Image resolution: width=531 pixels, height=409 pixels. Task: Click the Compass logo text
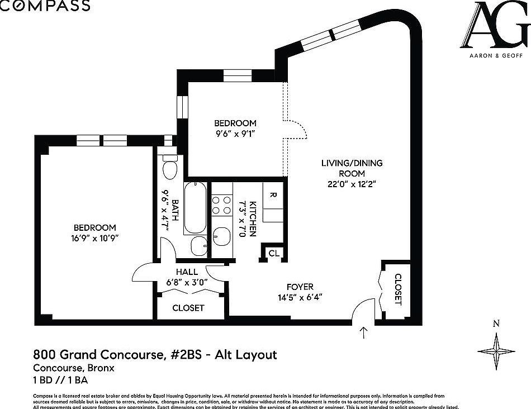[x=45, y=6]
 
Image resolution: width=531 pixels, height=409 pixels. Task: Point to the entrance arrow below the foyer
[x=364, y=332]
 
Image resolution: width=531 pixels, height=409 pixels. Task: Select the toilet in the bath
[x=169, y=167]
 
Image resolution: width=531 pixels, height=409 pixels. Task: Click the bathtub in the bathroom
[x=195, y=207]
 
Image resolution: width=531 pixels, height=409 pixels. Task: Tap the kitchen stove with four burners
[x=221, y=204]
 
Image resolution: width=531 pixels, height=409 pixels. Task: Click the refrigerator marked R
[x=272, y=196]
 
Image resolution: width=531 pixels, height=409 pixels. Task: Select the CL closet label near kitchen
[x=273, y=254]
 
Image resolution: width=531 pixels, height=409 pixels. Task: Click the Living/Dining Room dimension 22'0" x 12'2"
[x=352, y=184]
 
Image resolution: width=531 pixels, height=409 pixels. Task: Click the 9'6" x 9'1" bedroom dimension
[x=235, y=134]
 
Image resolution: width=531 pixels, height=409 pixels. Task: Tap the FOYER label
[x=300, y=287]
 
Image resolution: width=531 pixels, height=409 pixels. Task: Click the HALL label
[x=186, y=272]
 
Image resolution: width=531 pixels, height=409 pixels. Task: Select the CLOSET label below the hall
[x=188, y=308]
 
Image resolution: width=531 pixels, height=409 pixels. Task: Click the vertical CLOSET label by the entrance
[x=398, y=289]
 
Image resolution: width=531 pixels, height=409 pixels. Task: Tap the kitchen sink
[x=222, y=237]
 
